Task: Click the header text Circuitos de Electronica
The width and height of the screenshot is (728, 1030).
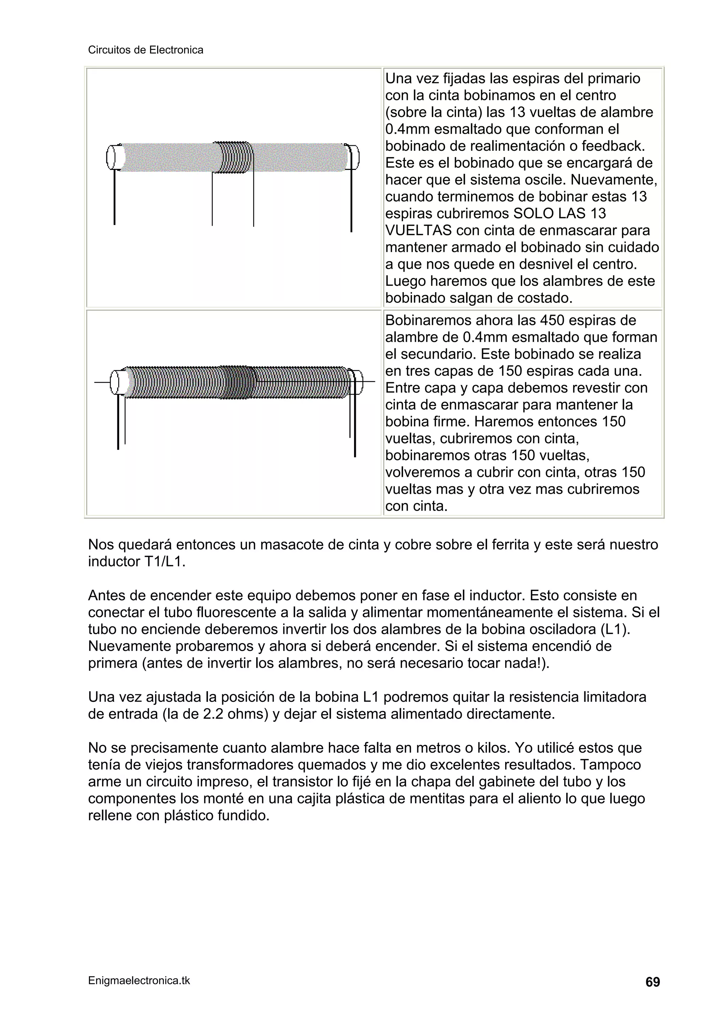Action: click(x=145, y=50)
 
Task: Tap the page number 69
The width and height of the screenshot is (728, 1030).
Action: click(x=652, y=982)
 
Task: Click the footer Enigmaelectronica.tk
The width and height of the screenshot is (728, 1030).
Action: click(x=139, y=981)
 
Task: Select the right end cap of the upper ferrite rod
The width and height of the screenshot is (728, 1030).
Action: click(x=353, y=157)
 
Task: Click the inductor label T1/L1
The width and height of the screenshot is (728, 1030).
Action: click(x=164, y=562)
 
